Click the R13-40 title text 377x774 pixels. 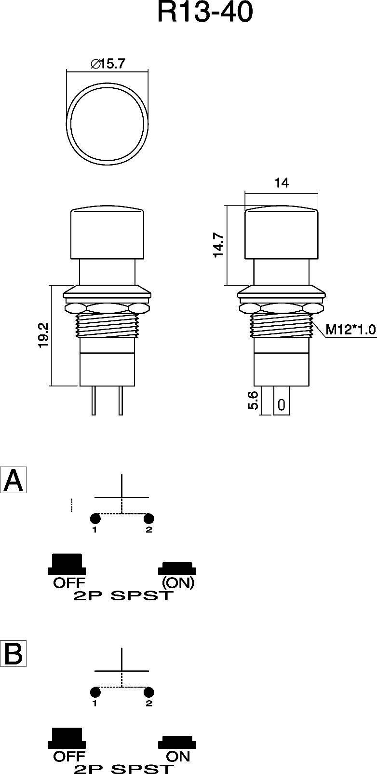click(205, 13)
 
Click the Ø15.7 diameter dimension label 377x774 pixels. click(108, 64)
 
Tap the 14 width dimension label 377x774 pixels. click(282, 183)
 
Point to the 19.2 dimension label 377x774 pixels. click(43, 335)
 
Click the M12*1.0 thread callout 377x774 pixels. click(350, 330)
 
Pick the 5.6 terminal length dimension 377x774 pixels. click(254, 401)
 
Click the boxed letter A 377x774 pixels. click(13, 480)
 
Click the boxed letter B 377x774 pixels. click(13, 654)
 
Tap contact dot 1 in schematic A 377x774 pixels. click(95, 519)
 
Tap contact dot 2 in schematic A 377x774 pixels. click(149, 519)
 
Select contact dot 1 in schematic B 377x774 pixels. click(95, 692)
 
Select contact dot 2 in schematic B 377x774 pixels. click(149, 692)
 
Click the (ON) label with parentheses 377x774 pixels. click(178, 582)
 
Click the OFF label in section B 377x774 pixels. click(69, 756)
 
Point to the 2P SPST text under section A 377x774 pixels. click(123, 596)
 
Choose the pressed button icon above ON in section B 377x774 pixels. click(177, 742)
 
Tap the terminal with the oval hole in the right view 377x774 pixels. click(282, 405)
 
